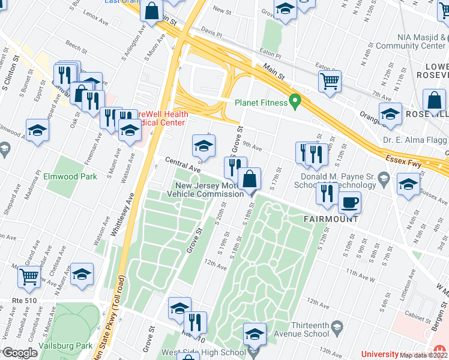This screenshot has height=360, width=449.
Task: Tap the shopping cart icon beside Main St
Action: click(x=330, y=81)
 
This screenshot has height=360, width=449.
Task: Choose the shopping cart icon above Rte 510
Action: click(x=28, y=277)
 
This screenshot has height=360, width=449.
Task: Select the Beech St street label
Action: click(x=77, y=45)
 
